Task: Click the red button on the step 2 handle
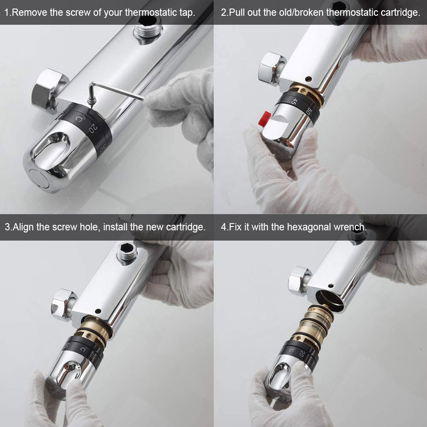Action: coord(264,119)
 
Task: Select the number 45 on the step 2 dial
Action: coord(293,101)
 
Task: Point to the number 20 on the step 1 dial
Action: coord(93,128)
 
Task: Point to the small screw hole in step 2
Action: coord(308,79)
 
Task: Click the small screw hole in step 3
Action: coord(98,311)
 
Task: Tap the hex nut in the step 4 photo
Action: coord(299,281)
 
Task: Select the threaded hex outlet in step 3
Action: coord(127,253)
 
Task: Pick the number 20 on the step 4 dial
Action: coord(302,353)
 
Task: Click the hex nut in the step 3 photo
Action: coord(64,305)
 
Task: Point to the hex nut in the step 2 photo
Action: coord(271,69)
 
